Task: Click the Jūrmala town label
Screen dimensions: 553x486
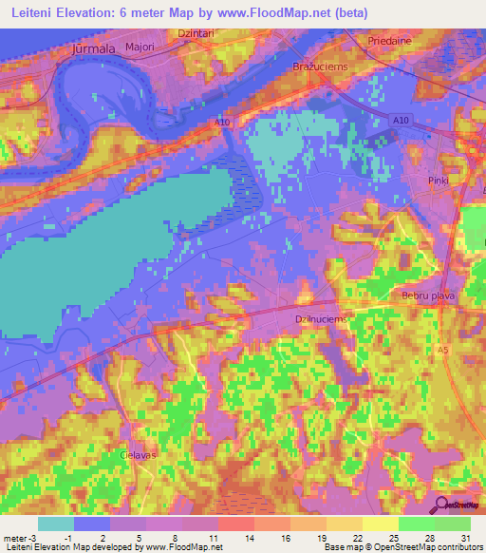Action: (x=92, y=48)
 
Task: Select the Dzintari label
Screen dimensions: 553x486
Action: (x=196, y=32)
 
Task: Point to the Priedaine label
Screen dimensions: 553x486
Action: (x=391, y=42)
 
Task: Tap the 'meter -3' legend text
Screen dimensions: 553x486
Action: (x=18, y=537)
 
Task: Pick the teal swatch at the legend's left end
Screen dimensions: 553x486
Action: (x=56, y=524)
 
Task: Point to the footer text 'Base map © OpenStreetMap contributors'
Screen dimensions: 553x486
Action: (x=402, y=547)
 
